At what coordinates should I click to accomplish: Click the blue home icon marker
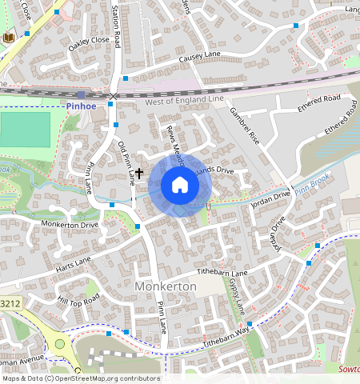coord(180,186)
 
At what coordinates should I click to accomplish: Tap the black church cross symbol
coord(139,172)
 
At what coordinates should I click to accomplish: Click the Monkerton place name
coord(166,286)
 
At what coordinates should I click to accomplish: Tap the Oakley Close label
coord(88,44)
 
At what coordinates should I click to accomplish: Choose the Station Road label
coord(117,26)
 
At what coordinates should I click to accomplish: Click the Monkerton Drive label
coord(69,225)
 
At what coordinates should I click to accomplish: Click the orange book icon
coord(10,38)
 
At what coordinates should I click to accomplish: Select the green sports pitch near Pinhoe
coord(25,129)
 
